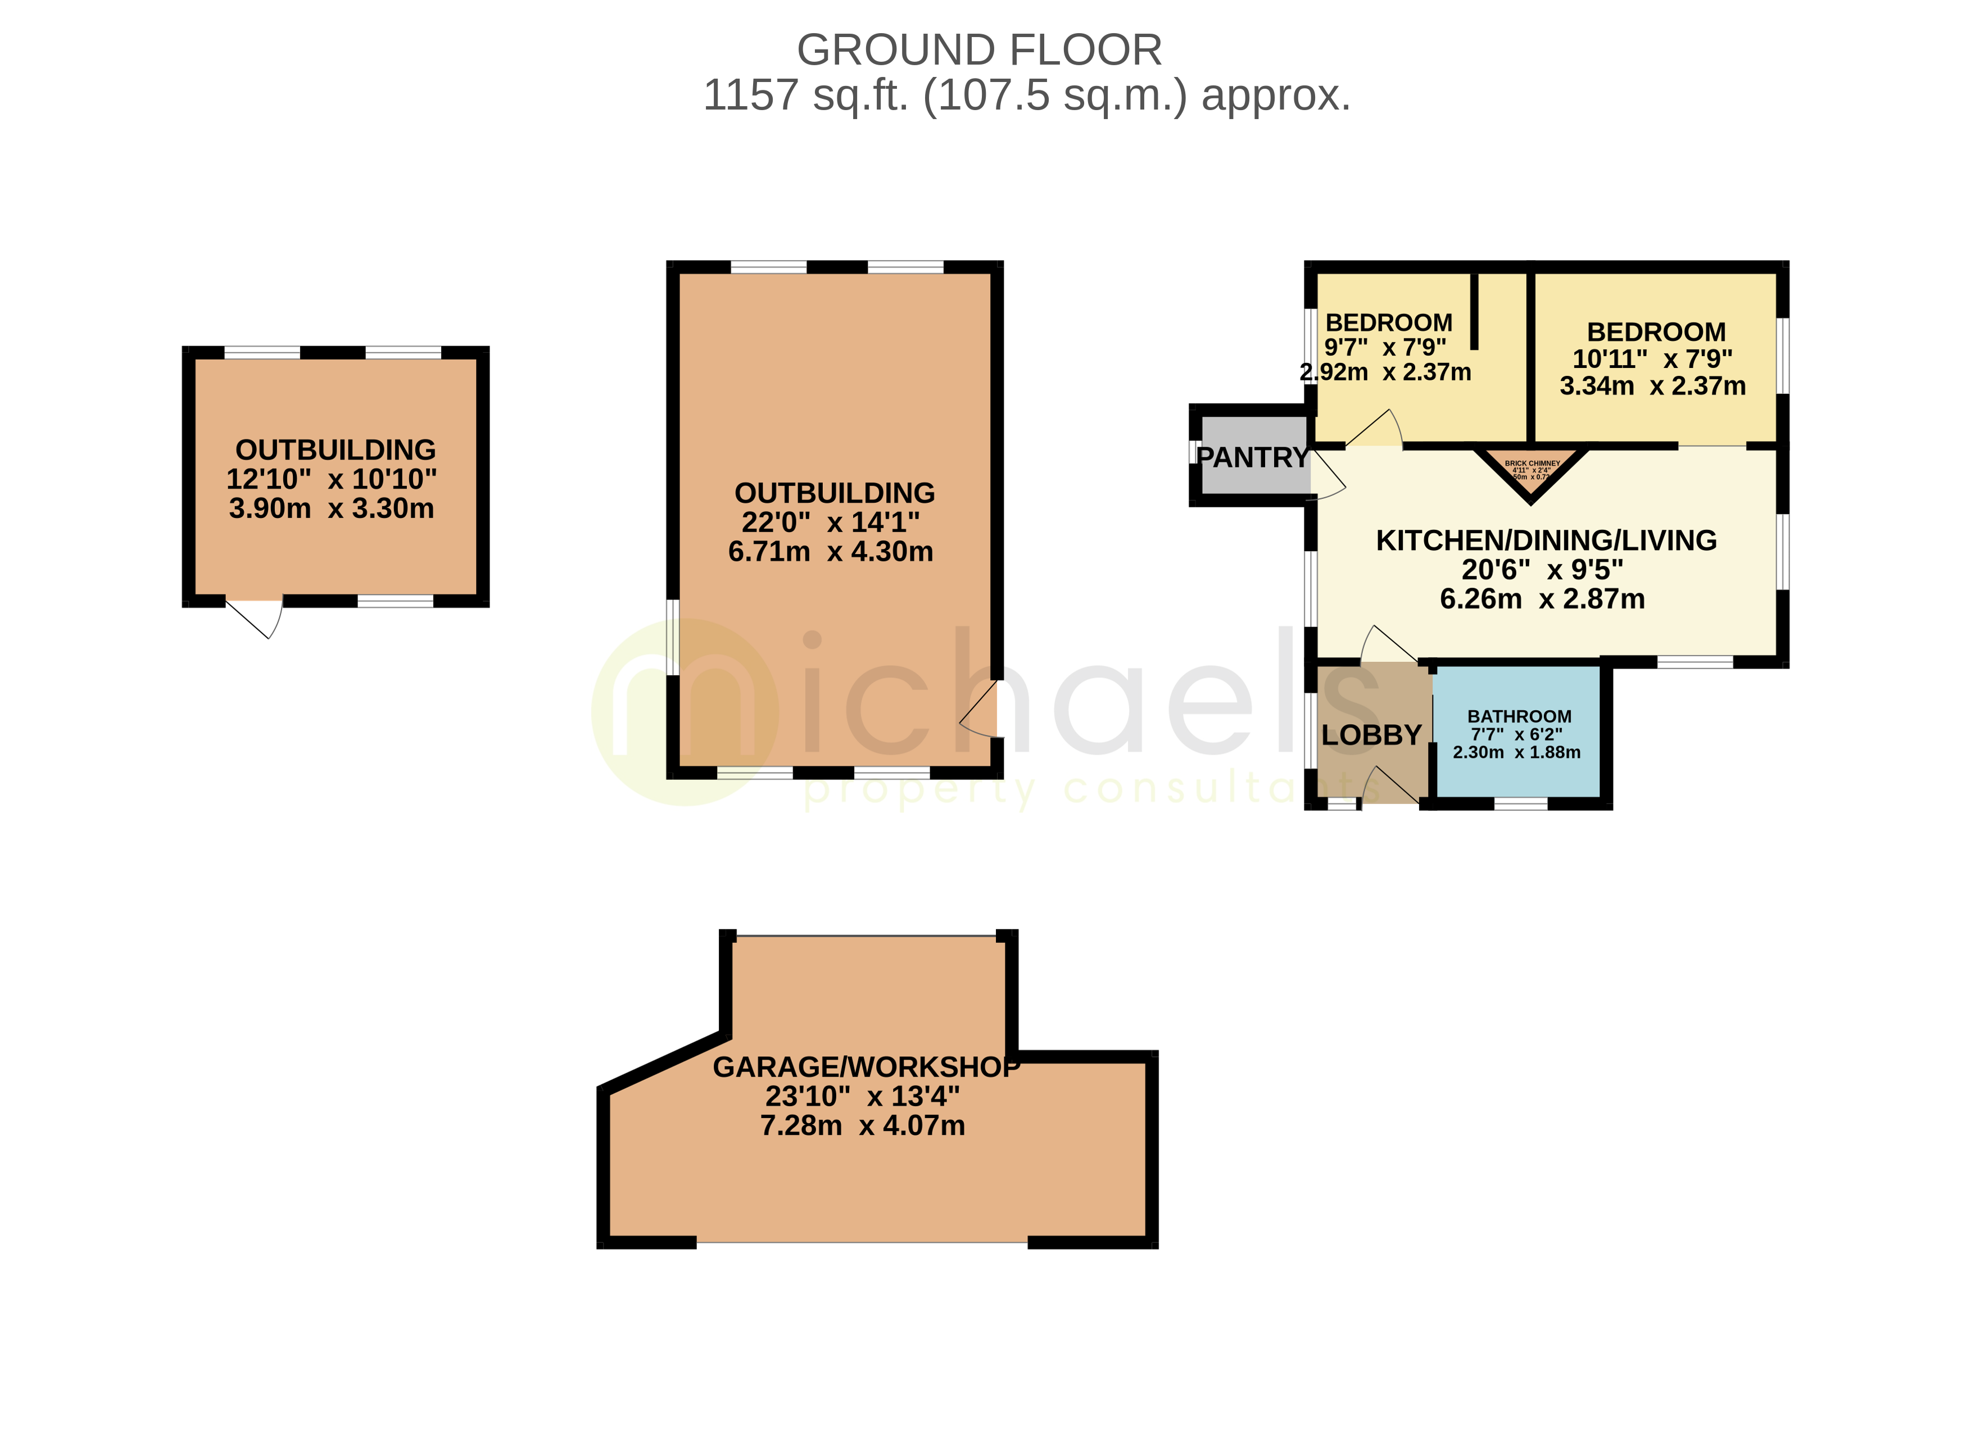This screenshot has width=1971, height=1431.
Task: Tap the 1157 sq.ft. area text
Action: coord(1026,96)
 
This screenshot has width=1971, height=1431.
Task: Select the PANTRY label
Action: coord(1252,458)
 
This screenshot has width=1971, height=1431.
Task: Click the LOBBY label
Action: coord(1371,735)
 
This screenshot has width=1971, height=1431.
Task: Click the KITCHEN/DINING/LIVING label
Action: coord(1545,540)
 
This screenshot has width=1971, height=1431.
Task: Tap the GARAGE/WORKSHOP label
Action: coord(866,1067)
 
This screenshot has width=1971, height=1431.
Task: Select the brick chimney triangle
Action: coord(1532,472)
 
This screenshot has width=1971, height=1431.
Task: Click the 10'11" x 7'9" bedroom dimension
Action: coord(1652,359)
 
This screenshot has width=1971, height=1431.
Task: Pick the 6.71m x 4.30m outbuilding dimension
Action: coord(830,552)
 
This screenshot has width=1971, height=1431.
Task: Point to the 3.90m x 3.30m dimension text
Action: coord(331,508)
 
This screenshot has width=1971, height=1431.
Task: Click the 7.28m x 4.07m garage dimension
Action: coord(862,1126)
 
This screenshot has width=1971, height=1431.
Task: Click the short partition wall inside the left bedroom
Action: coord(1474,311)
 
